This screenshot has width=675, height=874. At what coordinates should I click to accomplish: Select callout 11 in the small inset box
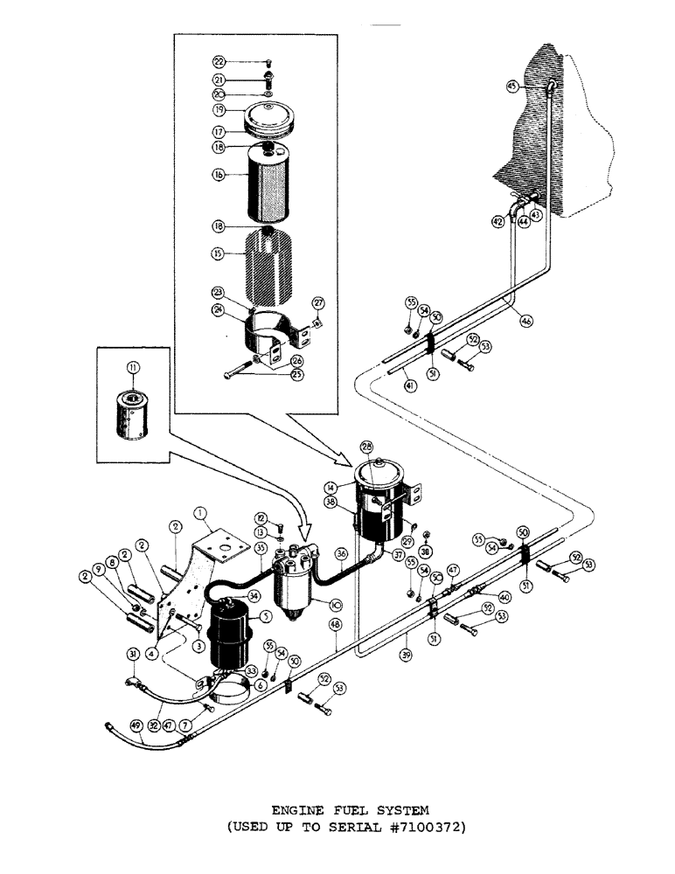(133, 367)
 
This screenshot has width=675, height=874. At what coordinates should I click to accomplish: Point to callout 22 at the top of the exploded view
(219, 61)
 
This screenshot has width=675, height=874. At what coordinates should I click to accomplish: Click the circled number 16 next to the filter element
(219, 174)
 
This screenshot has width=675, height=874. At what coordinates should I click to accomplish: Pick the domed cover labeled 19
(269, 115)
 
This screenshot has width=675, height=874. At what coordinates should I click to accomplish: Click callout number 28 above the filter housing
(366, 447)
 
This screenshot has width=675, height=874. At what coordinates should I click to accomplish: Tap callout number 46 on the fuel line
(526, 321)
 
